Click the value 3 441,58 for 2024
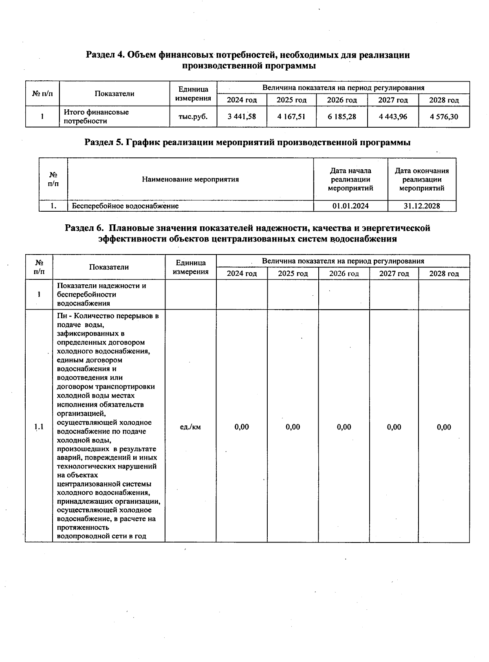pos(242,117)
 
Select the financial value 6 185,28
pos(342,117)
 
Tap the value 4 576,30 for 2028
pos(444,117)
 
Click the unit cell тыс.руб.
pos(193,117)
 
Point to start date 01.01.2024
pos(350,206)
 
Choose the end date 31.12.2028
pos(422,206)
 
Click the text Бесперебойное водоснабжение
pos(126,206)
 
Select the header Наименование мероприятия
pos(190,179)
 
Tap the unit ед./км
pos(190,427)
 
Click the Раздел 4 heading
pos(248,60)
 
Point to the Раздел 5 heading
pos(247,142)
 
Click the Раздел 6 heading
pos(247,233)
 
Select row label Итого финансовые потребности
pos(96,117)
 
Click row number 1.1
pos(39,427)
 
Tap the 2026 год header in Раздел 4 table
pos(342,100)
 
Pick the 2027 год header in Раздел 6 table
pos(394,274)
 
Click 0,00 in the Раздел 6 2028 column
pos(444,427)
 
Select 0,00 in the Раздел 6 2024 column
pos(242,427)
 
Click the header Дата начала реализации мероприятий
pos(350,179)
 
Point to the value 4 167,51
pos(291,117)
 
